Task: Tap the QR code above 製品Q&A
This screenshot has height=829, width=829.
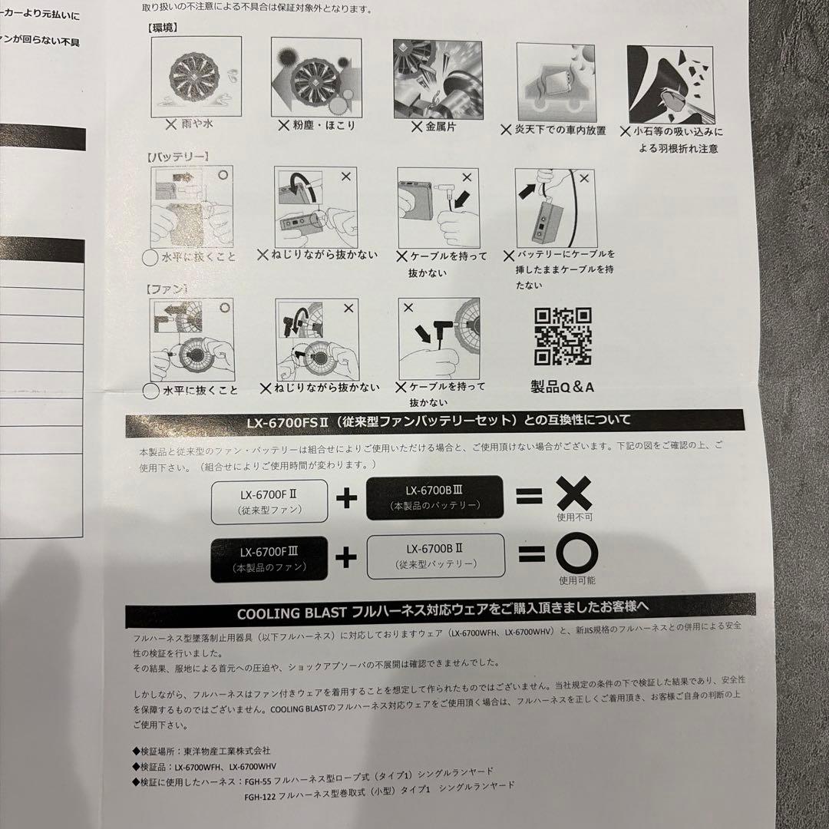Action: pos(563,336)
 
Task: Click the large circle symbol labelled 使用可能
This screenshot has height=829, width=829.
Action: pos(576,554)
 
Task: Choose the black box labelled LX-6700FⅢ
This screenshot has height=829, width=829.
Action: pos(269,558)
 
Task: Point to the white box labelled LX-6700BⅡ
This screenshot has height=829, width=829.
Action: pos(435,557)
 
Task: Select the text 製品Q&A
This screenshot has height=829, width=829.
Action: pos(563,386)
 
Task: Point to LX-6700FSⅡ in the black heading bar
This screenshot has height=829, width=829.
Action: pos(288,421)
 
